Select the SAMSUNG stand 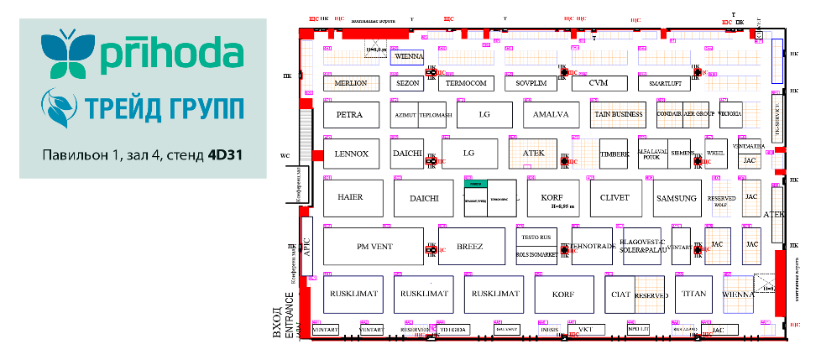tap(677, 199)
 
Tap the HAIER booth tap(350, 199)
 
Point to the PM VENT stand tap(373, 247)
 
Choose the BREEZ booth tap(470, 247)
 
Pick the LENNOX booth tap(351, 154)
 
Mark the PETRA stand tap(349, 114)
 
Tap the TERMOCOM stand tap(467, 84)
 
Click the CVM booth tap(598, 84)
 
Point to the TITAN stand tap(694, 294)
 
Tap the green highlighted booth tap(476, 183)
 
